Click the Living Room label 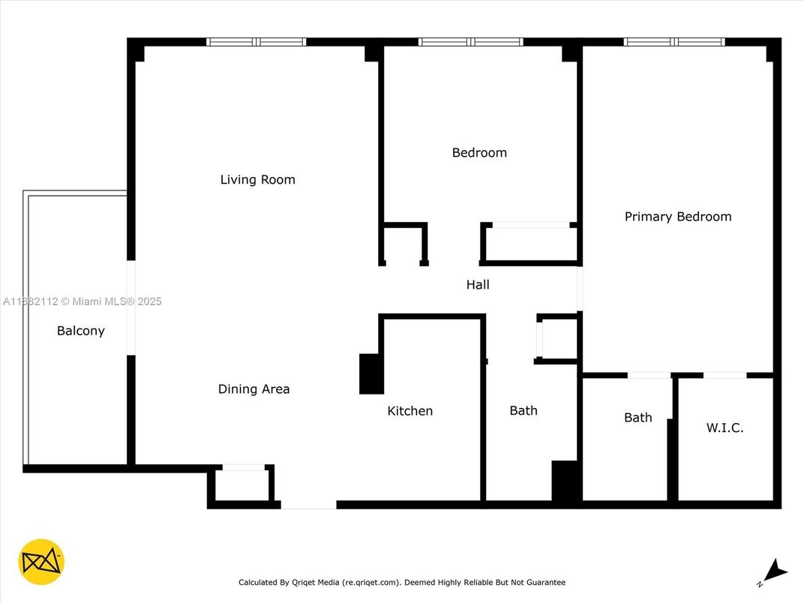(257, 179)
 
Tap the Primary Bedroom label (678, 217)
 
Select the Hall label (478, 284)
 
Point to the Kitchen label (409, 411)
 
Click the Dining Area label (253, 389)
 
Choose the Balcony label (80, 331)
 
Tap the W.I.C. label (724, 427)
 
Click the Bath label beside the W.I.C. (637, 418)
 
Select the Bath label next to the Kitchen (523, 410)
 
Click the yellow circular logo (41, 562)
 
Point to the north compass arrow (775, 571)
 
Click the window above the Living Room (256, 42)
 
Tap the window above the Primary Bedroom (674, 42)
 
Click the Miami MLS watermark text (82, 301)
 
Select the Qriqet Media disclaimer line (402, 583)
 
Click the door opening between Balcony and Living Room (131, 307)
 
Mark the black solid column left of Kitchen (371, 373)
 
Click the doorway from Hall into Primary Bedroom (580, 288)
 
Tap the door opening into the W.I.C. (724, 375)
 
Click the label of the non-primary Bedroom (479, 152)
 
